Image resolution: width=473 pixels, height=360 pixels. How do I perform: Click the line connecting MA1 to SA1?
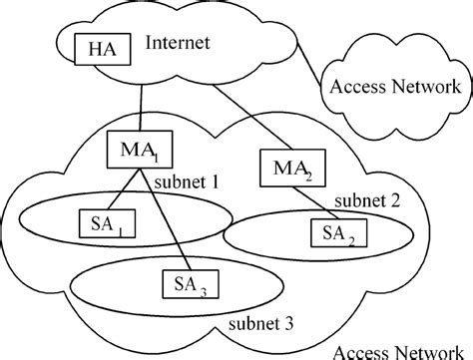119,191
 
